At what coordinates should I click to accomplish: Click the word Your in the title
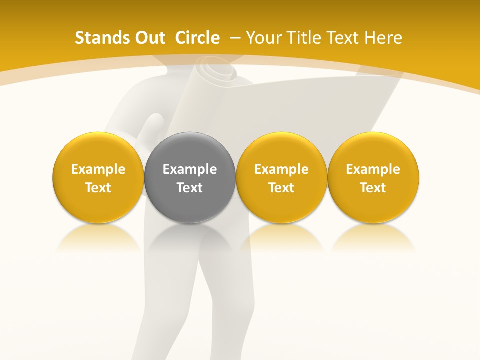(x=263, y=38)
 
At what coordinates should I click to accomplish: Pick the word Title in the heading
(x=301, y=38)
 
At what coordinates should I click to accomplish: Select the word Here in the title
(x=383, y=38)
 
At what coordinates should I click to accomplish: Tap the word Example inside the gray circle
(x=190, y=169)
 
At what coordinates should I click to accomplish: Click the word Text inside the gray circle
(x=190, y=188)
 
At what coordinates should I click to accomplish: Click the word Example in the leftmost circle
(x=98, y=169)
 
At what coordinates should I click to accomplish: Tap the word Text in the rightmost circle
(x=373, y=188)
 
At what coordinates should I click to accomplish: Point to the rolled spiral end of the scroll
(x=218, y=70)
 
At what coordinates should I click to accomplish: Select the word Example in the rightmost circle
(x=373, y=169)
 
